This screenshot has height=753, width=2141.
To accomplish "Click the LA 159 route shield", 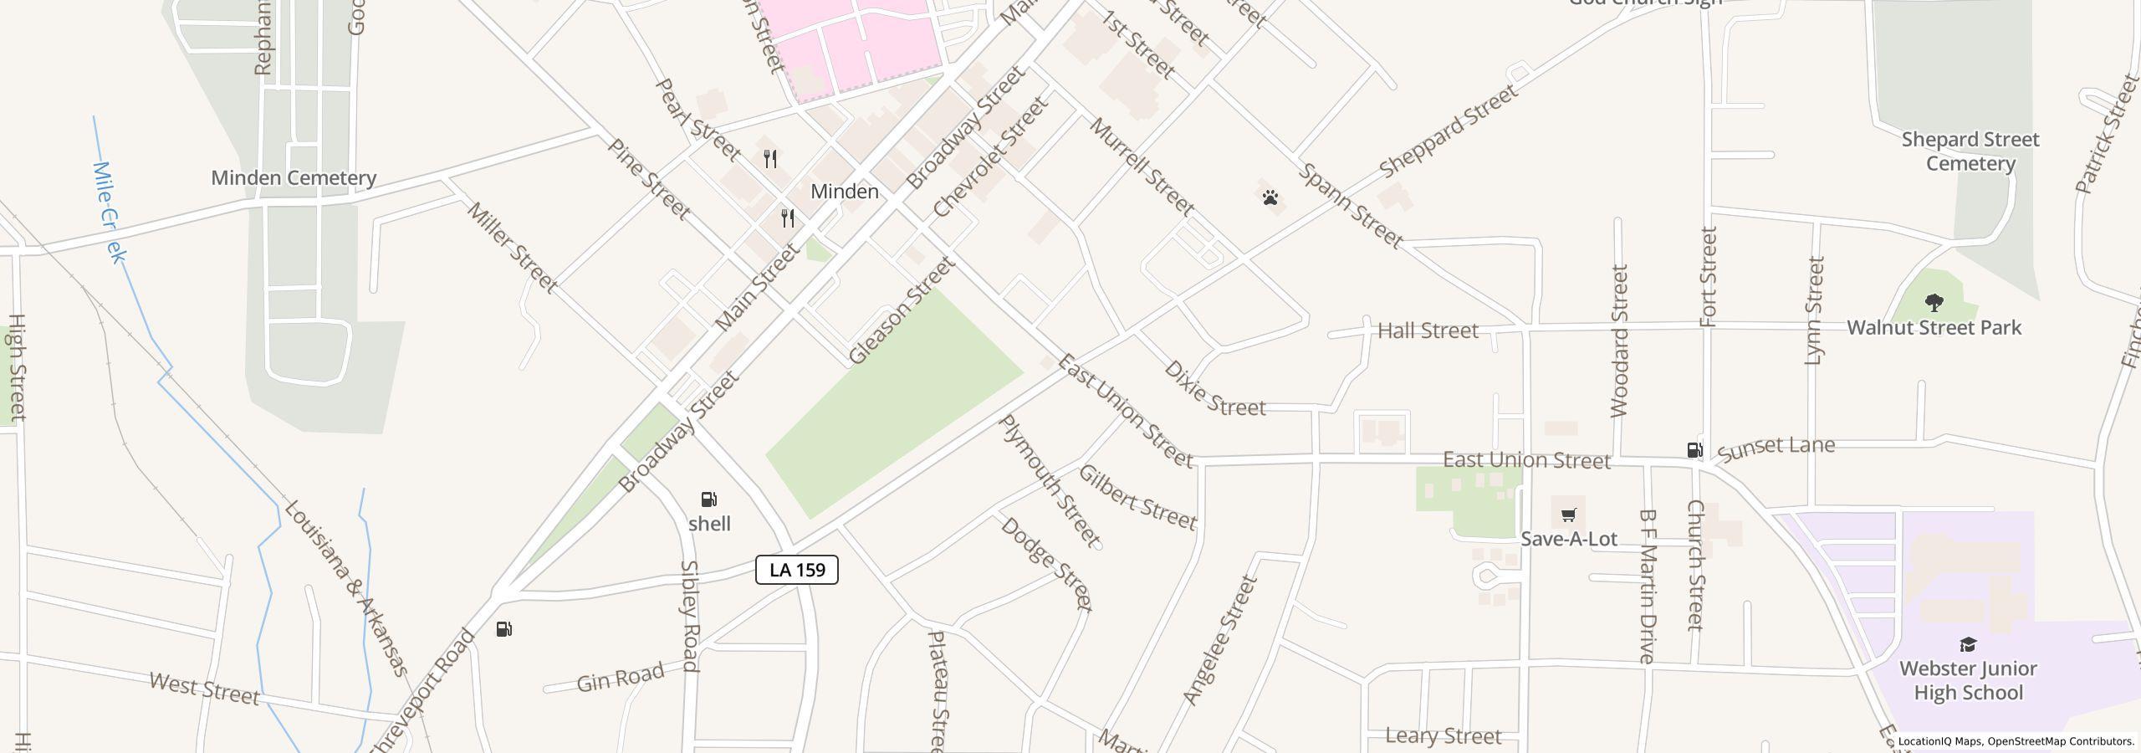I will click(x=796, y=570).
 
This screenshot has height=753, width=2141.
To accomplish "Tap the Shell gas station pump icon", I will click(x=709, y=499).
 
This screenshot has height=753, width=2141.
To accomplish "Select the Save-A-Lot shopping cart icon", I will click(x=1568, y=514).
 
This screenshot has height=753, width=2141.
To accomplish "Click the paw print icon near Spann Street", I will click(x=1270, y=197).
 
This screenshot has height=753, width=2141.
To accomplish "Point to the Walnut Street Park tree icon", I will click(x=1934, y=302).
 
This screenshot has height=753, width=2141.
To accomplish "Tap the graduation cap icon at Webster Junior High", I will click(x=1968, y=644).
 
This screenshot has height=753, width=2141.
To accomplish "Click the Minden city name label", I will click(x=845, y=192).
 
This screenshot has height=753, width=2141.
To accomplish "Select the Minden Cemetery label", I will click(x=294, y=177).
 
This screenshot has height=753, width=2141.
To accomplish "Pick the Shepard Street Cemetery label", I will click(x=1970, y=151).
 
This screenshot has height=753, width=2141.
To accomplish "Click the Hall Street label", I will click(x=1428, y=330).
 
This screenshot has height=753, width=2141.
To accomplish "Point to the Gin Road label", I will click(x=621, y=677).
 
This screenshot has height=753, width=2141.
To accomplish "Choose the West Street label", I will click(x=205, y=689).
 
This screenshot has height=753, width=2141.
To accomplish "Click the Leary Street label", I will click(x=1444, y=736).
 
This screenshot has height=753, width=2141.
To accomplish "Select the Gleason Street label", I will click(x=901, y=311).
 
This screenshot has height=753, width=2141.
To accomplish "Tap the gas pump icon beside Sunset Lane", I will click(x=1694, y=449).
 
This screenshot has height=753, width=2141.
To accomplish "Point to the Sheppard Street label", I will click(x=1448, y=131).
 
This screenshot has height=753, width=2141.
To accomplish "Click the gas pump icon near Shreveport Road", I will click(x=503, y=629).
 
